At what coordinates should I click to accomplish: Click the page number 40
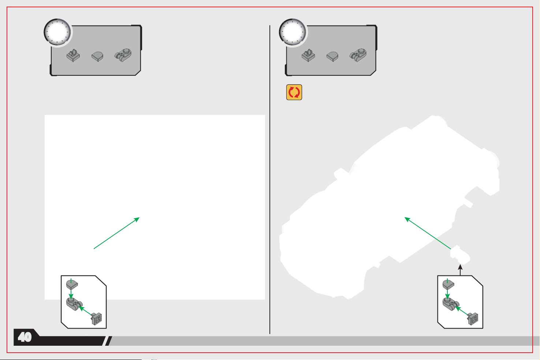click(25, 337)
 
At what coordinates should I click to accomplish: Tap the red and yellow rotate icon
click(294, 92)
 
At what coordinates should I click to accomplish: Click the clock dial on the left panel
click(57, 32)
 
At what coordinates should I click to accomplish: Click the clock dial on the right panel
click(293, 32)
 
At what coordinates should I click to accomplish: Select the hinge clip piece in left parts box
click(73, 55)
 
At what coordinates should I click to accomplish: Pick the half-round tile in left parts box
click(97, 57)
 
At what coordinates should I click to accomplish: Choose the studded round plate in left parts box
click(123, 55)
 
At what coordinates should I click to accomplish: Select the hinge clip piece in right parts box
click(308, 55)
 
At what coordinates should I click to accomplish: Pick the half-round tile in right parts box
click(332, 57)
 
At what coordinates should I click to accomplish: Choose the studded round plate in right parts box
click(358, 55)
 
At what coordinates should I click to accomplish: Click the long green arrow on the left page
click(117, 233)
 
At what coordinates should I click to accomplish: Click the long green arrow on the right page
click(428, 233)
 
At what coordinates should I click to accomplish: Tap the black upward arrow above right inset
click(460, 270)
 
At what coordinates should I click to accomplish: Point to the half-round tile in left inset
click(72, 285)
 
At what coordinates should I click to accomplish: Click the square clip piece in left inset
click(96, 319)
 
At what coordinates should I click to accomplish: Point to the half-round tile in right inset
click(448, 285)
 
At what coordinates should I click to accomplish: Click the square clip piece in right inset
click(473, 319)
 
